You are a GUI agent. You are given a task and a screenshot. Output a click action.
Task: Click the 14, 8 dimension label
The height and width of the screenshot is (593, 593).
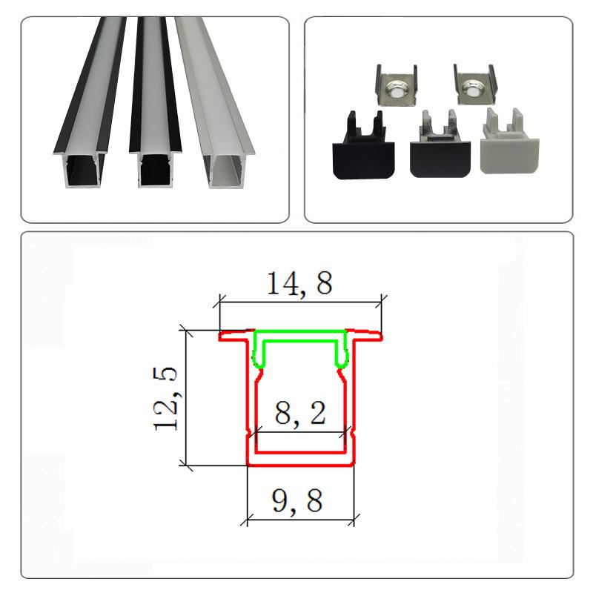click(299, 284)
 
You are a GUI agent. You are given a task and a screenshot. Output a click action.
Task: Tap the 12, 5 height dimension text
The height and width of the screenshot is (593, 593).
click(165, 399)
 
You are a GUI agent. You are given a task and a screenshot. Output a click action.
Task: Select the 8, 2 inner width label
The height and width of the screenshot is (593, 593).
click(300, 413)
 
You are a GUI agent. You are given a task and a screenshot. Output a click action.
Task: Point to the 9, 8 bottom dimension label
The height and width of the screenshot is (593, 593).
click(297, 500)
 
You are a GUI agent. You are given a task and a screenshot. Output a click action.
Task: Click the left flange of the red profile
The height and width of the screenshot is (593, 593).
click(236, 336)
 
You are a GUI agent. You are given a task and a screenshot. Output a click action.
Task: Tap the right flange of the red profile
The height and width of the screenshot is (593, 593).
click(364, 335)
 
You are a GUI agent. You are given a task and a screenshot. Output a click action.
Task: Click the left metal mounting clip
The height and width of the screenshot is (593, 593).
click(397, 85)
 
